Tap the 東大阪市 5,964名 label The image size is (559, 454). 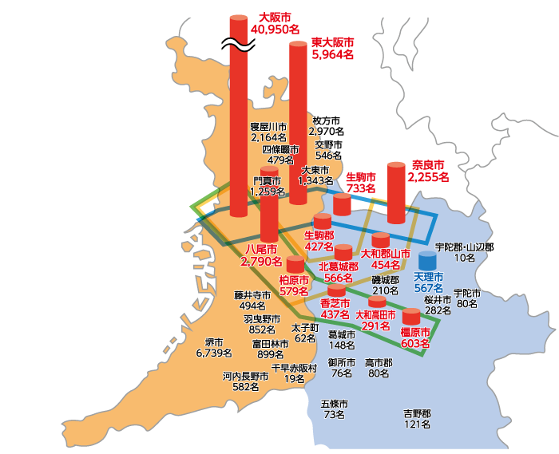[x=333, y=48]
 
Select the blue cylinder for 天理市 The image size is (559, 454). [x=428, y=261]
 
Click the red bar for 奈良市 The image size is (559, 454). [x=397, y=193]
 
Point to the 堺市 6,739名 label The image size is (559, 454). [x=214, y=347]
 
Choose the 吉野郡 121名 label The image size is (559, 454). [x=417, y=419]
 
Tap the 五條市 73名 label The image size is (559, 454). [x=335, y=409]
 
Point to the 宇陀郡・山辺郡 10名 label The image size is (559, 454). [x=464, y=253]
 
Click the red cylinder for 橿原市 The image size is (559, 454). [x=411, y=316]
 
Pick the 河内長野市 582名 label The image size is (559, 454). [x=246, y=381]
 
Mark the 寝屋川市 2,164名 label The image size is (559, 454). [x=268, y=132]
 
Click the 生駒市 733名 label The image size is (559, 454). [x=361, y=182]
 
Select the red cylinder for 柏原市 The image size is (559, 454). [x=295, y=264]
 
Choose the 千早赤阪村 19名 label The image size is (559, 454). [x=294, y=373]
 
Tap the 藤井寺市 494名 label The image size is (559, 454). [x=252, y=300]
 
